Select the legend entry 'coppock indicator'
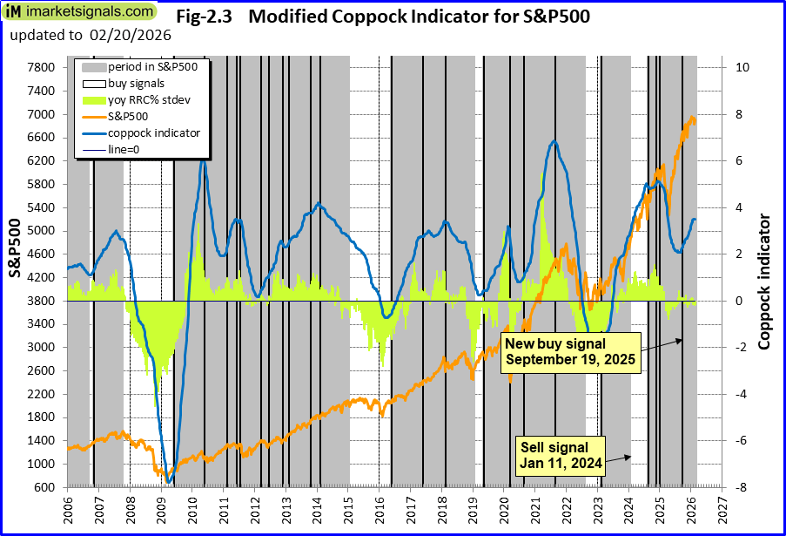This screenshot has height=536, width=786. click(154, 132)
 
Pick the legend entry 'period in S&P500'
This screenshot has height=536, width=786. click(151, 67)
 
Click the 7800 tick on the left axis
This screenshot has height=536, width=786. click(43, 67)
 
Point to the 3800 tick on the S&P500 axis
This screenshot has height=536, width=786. click(43, 301)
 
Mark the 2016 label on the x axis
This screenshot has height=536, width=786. click(380, 508)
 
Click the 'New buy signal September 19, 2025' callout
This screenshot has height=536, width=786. click(570, 352)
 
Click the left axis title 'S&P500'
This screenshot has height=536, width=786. click(16, 248)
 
